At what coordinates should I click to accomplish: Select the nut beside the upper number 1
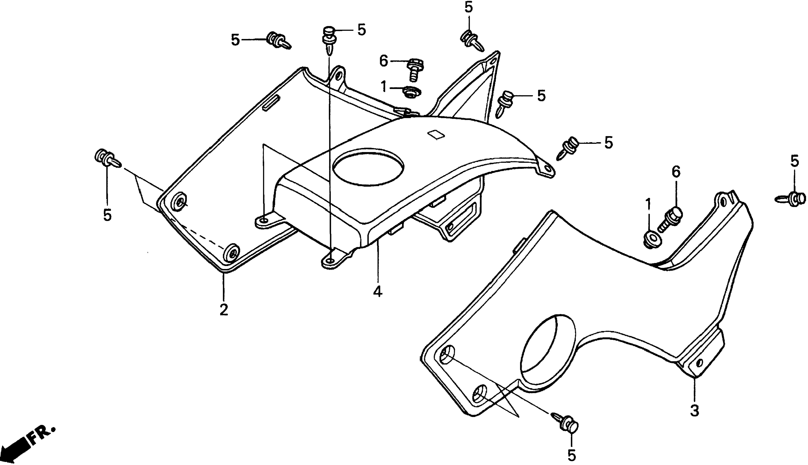pyautogui.click(x=412, y=92)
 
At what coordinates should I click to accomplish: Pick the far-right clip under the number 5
pyautogui.click(x=790, y=199)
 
